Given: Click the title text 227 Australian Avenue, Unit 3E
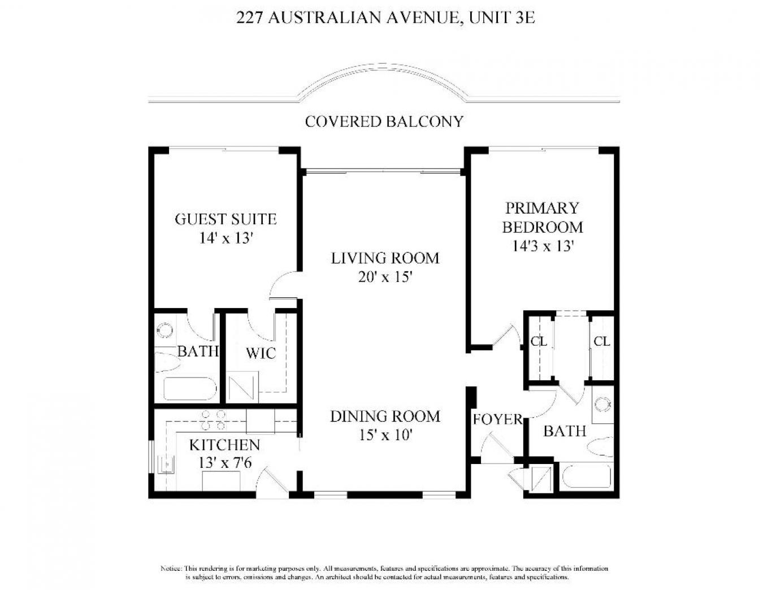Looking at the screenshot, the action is point(385,18).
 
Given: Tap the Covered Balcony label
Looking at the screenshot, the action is point(384,122).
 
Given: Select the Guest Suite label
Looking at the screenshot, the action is point(226,219).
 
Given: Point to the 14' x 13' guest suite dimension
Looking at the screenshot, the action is point(227,238).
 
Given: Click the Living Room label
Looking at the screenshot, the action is point(385,258).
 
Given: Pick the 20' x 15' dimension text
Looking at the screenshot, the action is point(385,277).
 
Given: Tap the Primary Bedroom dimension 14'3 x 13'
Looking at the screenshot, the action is point(543,246).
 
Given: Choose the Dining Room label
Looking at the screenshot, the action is point(385,417).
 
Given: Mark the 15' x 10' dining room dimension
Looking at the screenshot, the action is point(385,436).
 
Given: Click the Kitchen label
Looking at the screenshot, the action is point(225,445).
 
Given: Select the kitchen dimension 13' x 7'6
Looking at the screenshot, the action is point(225,463).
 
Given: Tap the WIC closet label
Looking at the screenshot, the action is point(261,353).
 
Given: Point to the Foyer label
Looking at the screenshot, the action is point(498,419).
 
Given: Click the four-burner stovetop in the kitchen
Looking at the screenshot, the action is point(213,420).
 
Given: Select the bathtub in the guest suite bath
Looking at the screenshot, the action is point(190,389).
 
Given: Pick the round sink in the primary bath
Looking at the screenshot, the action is point(603,404).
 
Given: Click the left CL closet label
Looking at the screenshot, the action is point(539,341).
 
